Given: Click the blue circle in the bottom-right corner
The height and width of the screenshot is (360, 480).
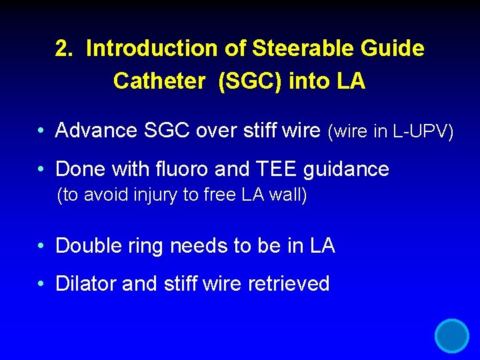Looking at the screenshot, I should (452, 335).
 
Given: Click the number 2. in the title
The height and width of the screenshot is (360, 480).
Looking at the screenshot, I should (65, 49).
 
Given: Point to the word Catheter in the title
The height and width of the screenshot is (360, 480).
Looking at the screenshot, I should (159, 81).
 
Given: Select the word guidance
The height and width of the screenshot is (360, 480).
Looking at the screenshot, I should (346, 170).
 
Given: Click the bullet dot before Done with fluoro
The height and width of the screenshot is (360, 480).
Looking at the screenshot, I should (41, 170).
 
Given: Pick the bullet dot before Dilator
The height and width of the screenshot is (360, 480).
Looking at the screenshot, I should (41, 285).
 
